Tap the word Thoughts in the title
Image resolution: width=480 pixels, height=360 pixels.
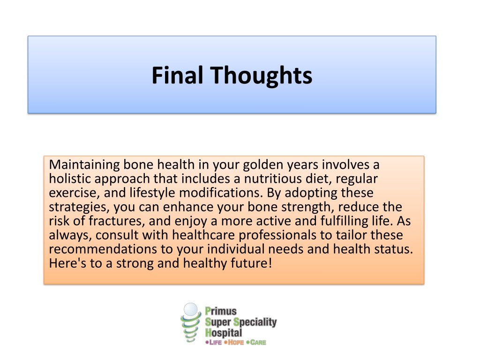coord(261,75)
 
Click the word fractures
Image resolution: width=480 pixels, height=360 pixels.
coord(117,221)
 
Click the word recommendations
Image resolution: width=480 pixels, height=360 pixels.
coord(103,249)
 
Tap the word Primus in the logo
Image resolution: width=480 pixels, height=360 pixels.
coord(221,311)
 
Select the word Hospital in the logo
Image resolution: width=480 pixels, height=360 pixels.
coord(224,333)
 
